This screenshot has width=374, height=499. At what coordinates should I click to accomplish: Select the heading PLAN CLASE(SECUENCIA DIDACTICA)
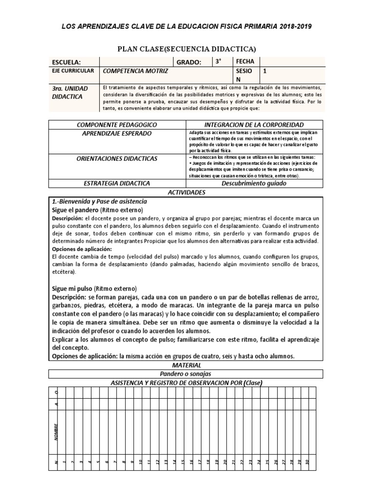tap(187, 49)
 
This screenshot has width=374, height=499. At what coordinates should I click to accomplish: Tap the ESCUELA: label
tap(66, 62)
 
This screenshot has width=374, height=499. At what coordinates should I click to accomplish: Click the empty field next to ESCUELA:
tap(137, 62)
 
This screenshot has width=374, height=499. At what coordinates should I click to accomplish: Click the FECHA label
tap(245, 61)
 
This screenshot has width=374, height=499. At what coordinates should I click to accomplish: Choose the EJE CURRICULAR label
tap(73, 71)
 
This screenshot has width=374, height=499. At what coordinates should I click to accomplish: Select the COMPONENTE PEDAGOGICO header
tap(115, 124)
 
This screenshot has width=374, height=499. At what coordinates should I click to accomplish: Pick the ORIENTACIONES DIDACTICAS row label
tap(117, 159)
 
